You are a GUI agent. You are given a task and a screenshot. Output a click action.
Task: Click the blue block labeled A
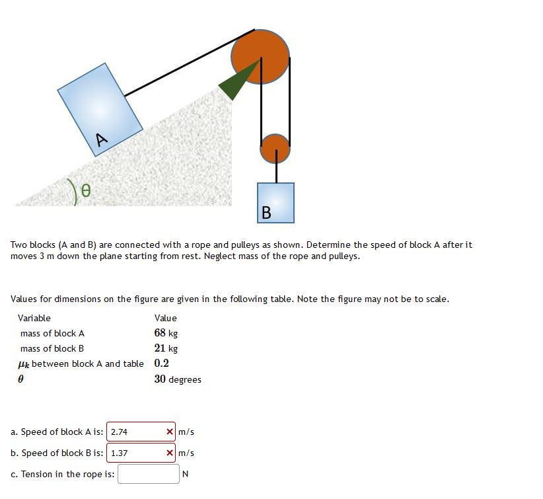tap(100, 109)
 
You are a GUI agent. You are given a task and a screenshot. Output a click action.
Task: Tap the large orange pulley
tap(260, 57)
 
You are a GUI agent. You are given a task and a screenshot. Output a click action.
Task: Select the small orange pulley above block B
tap(275, 149)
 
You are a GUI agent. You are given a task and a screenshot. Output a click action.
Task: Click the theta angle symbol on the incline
tap(85, 192)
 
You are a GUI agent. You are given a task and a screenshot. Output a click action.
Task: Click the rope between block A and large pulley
tap(188, 63)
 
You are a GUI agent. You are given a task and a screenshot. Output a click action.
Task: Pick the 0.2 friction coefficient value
tap(161, 363)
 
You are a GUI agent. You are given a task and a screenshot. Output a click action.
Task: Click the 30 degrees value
tap(178, 379)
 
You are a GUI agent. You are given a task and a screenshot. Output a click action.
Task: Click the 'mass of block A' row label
tap(52, 333)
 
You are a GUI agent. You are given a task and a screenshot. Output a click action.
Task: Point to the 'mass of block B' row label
tap(52, 348)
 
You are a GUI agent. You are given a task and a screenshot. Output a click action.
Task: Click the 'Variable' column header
tap(34, 318)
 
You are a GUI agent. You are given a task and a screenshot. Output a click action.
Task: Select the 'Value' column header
tap(166, 318)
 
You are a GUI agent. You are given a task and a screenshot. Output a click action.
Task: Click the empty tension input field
tap(148, 474)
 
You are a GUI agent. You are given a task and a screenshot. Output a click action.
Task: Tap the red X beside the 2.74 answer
tap(170, 432)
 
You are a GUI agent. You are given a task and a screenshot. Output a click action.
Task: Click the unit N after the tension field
tap(185, 474)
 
